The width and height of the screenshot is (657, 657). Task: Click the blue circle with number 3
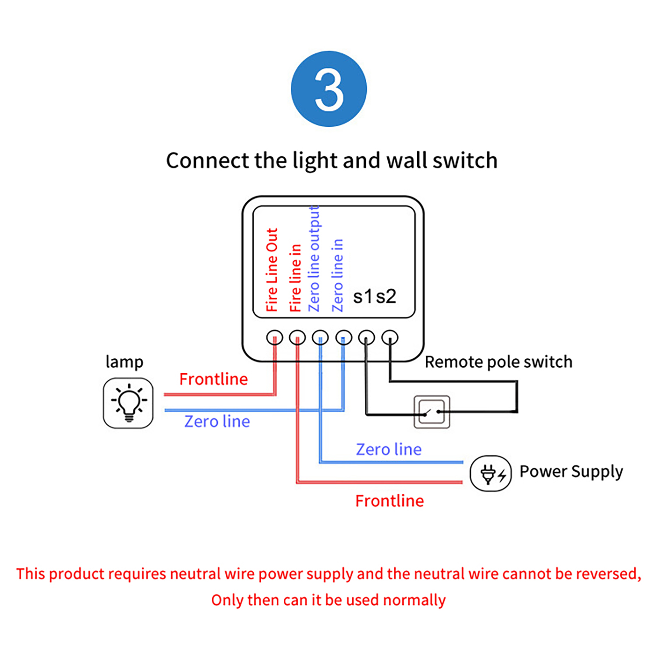(x=328, y=89)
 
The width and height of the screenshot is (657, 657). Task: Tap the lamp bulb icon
(x=128, y=403)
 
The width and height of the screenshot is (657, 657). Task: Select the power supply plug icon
(x=490, y=473)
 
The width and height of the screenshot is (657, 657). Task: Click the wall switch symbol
(x=432, y=412)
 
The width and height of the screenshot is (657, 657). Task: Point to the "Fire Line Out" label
(x=272, y=270)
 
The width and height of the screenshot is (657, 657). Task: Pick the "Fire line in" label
(x=296, y=278)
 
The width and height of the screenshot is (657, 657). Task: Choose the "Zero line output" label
(x=314, y=259)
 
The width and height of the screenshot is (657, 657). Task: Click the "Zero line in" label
(x=338, y=275)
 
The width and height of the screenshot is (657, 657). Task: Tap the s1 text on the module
(x=363, y=296)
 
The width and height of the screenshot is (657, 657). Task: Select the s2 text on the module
(x=386, y=296)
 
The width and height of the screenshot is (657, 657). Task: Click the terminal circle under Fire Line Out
(x=274, y=338)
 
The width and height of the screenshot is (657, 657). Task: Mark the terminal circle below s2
(x=390, y=338)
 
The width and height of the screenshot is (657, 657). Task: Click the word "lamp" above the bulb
(x=124, y=362)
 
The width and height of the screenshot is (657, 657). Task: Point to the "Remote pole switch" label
(x=498, y=362)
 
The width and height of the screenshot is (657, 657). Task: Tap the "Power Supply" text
(x=571, y=471)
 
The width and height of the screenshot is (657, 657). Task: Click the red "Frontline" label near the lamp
(x=214, y=379)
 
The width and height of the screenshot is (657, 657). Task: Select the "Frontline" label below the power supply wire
(x=389, y=501)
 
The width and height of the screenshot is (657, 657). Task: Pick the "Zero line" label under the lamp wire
(x=217, y=421)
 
